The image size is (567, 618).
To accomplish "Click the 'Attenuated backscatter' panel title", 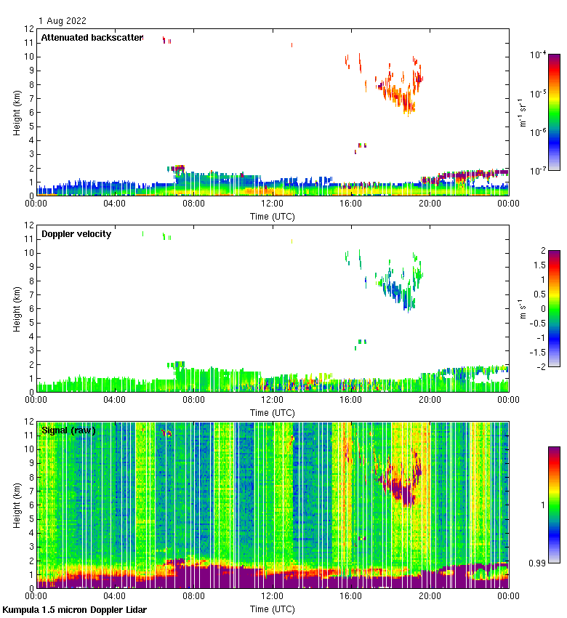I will [92, 37].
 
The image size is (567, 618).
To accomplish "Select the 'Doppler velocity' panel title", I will [76, 233].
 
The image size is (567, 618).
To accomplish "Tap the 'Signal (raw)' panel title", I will [69, 430].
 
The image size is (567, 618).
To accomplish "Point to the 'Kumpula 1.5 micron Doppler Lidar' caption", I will [74, 609].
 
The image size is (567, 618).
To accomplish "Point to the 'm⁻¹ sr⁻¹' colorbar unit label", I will [522, 113].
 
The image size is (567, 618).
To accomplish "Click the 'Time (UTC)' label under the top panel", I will [273, 216].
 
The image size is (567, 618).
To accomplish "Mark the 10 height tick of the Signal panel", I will [28, 449].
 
